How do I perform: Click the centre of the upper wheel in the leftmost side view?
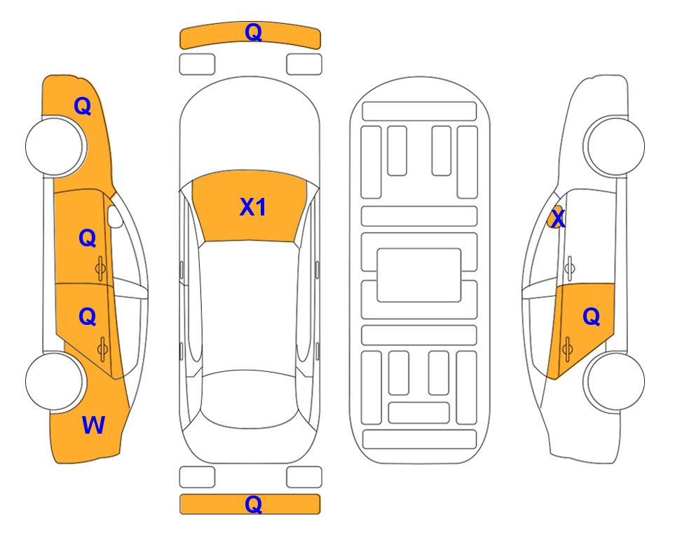[54, 146]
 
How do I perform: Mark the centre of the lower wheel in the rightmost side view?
[615, 381]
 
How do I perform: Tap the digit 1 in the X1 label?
[260, 207]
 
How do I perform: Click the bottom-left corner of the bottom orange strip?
[180, 514]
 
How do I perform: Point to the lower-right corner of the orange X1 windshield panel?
[294, 242]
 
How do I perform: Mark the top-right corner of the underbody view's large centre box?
[461, 249]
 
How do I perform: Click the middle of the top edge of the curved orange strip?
[250, 22]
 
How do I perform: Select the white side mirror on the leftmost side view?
[114, 216]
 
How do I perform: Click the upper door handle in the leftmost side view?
[100, 268]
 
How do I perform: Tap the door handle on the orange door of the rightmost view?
[567, 349]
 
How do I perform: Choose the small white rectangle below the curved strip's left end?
[197, 65]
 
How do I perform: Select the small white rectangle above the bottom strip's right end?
[304, 477]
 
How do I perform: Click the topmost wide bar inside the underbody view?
[419, 112]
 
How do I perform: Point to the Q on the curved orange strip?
[253, 32]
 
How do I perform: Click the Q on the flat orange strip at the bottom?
[253, 504]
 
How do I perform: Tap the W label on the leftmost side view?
[93, 425]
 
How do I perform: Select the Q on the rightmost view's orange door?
[591, 317]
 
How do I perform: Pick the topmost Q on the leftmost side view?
[83, 106]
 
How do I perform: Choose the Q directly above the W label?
[88, 317]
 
